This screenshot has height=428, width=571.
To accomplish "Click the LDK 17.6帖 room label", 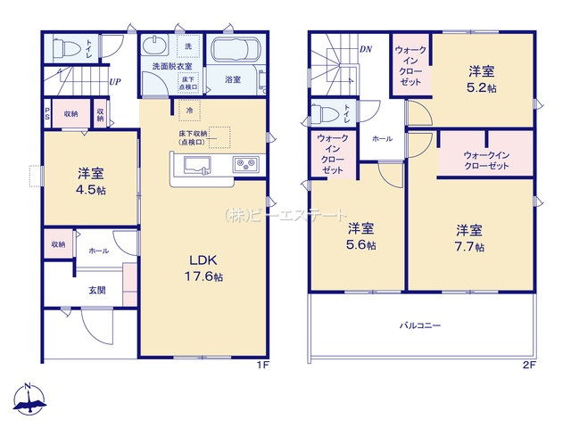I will pyautogui.click(x=205, y=268).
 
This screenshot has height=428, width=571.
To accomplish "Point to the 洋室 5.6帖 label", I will pyautogui.click(x=361, y=235).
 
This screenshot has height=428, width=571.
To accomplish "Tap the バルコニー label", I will pyautogui.click(x=419, y=326).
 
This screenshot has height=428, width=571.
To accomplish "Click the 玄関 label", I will pyautogui.click(x=97, y=289).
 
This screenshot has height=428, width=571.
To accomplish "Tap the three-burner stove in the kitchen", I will pyautogui.click(x=244, y=164).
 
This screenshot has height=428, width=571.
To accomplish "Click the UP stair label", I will pyautogui.click(x=115, y=82).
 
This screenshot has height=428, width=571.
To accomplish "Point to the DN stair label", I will pyautogui.click(x=366, y=49).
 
